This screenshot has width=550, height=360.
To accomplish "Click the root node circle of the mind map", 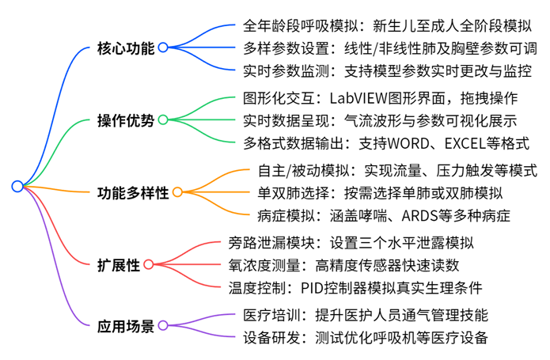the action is [17, 186].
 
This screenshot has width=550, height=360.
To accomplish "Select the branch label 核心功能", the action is [126, 48].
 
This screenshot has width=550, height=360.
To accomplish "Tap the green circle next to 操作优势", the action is [163, 120].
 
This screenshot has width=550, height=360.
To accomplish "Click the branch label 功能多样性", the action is [133, 193].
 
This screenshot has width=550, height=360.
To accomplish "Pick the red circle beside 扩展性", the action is [149, 264].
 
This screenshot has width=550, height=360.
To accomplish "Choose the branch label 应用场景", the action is [126, 326].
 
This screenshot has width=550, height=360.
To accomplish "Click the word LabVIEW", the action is [358, 98].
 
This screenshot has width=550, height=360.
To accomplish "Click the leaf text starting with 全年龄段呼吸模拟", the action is [387, 26].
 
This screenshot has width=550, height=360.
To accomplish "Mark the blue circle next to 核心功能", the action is [163, 47].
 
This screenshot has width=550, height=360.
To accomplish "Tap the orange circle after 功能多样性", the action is [177, 192].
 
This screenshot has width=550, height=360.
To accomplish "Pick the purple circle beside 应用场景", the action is [163, 325].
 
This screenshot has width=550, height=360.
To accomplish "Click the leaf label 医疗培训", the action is [271, 315].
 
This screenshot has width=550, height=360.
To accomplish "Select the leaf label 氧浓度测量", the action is [264, 265].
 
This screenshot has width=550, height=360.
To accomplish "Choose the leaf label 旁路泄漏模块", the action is [271, 243].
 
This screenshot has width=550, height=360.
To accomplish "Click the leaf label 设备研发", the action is [271, 338].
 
